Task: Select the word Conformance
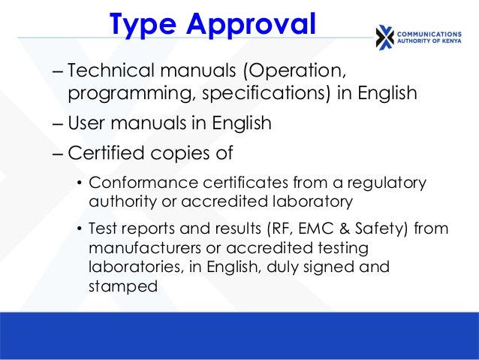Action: click(136, 183)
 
